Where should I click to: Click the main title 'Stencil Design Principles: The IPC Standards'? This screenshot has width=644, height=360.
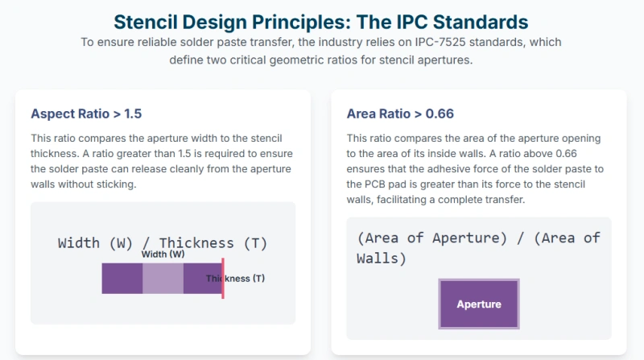(x=321, y=19)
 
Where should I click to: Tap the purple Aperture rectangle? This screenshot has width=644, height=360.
(x=478, y=304)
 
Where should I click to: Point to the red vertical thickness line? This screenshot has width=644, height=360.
(x=222, y=279)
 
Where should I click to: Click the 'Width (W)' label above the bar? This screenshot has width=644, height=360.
(x=163, y=254)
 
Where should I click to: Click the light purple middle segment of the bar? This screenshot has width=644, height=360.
(x=163, y=279)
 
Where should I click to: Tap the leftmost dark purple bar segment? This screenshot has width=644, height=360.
(x=122, y=279)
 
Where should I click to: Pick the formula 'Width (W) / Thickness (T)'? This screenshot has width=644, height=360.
(x=163, y=242)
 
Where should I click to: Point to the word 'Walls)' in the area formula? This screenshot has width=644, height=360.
(x=382, y=259)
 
